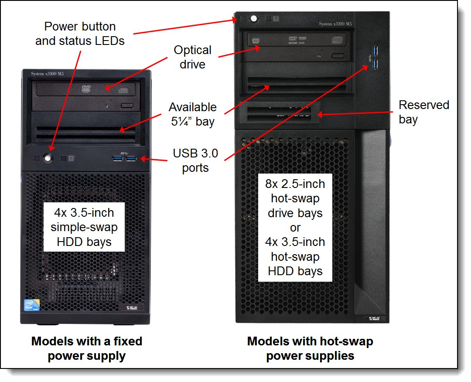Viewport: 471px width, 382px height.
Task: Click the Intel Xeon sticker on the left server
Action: point(30,305)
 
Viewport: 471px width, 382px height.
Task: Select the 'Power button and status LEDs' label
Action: point(80,34)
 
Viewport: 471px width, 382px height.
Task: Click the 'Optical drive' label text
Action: point(192,57)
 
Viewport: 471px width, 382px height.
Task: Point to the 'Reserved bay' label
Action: point(423,112)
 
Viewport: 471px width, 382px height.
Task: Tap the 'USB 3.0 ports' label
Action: point(195,160)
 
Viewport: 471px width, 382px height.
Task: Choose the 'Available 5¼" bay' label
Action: point(192,114)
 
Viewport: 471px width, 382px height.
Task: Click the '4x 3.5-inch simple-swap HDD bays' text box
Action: point(84,227)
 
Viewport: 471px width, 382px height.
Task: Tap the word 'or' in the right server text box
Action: point(295,228)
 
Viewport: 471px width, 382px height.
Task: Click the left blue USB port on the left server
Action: point(118,158)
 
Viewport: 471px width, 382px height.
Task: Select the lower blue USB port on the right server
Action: point(375,65)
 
